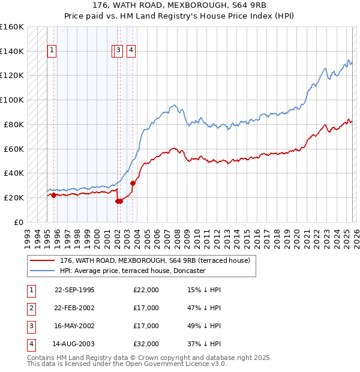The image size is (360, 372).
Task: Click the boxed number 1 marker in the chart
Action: (53, 51)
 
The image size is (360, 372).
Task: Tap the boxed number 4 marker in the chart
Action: (131, 51)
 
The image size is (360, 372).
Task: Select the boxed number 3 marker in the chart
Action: (119, 51)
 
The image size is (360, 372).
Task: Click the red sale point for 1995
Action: (53, 195)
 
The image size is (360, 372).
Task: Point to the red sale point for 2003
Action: (133, 183)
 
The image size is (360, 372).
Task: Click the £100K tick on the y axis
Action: (12, 100)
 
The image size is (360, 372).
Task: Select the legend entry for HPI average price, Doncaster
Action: (132, 271)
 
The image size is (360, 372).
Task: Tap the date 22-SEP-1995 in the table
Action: (74, 290)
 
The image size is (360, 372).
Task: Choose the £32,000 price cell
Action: (146, 344)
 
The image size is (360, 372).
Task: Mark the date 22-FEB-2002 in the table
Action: (74, 308)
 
